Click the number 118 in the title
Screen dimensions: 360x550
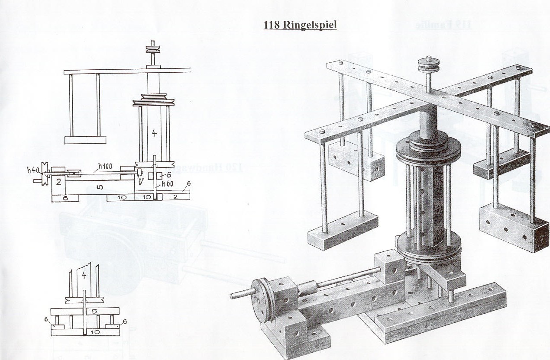click(x=272, y=25)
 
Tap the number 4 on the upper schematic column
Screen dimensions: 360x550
click(x=154, y=133)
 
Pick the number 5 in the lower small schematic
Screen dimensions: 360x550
click(x=83, y=311)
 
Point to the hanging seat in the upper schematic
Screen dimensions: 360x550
click(x=85, y=140)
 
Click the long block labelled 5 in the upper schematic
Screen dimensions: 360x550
click(x=100, y=187)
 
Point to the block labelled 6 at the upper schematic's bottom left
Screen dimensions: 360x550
click(x=65, y=198)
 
